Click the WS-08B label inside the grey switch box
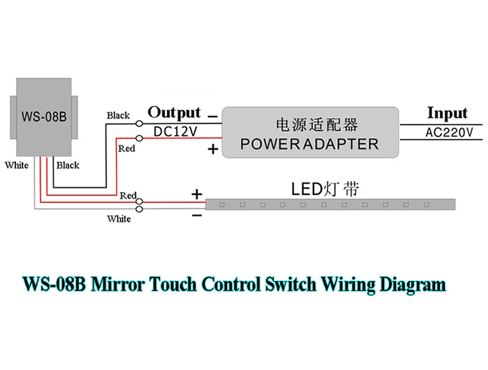(43, 116)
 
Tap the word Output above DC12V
(174, 112)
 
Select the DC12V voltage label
(175, 131)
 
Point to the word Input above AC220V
(447, 113)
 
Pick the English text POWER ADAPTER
(310, 144)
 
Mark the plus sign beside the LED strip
(197, 194)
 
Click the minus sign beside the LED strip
(197, 215)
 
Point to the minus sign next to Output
(212, 115)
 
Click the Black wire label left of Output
(118, 115)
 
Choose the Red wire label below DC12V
(126, 148)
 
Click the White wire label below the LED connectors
(119, 219)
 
